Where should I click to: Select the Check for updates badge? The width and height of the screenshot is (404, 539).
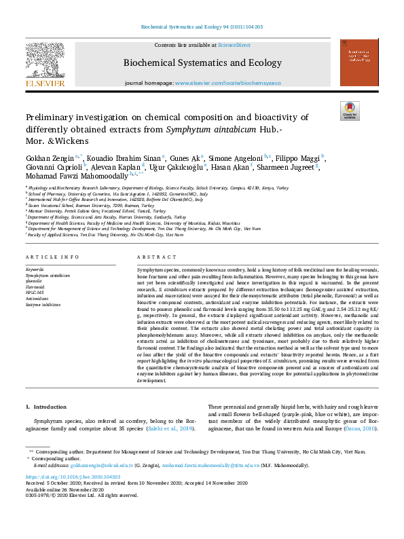coord(349,110)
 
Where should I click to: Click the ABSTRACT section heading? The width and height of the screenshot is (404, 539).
coord(153,258)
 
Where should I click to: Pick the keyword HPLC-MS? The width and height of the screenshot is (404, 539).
coord(35,292)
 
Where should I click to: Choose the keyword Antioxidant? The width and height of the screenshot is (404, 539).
coord(37,298)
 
